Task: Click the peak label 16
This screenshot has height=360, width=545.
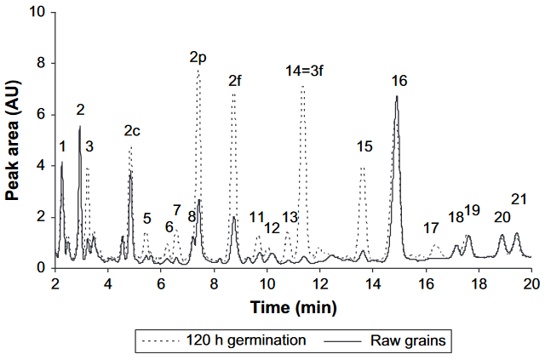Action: click(x=399, y=81)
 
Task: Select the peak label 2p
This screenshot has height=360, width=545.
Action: click(x=198, y=58)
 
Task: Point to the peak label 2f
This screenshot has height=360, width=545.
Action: click(x=236, y=81)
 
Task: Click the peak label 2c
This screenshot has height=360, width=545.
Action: click(x=132, y=130)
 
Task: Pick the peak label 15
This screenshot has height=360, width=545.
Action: click(x=364, y=147)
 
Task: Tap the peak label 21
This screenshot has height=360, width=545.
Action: click(x=519, y=199)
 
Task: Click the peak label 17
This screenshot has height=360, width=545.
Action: click(x=431, y=228)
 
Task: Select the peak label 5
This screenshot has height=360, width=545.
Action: click(x=146, y=219)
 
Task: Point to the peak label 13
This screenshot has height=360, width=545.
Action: click(x=290, y=217)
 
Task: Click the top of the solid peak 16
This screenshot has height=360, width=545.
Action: click(x=397, y=96)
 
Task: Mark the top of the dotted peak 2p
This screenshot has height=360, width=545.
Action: click(x=198, y=72)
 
